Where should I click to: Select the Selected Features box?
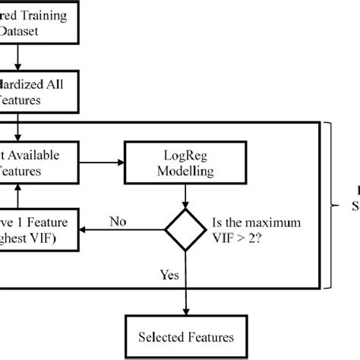185,336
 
